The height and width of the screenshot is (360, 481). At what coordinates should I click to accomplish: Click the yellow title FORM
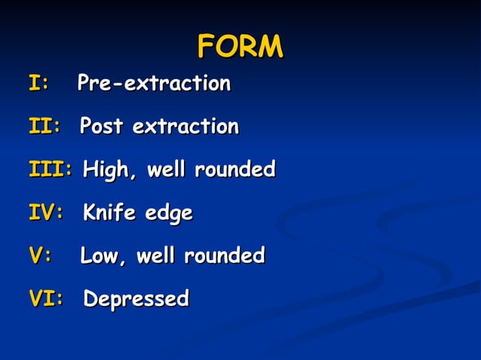240,47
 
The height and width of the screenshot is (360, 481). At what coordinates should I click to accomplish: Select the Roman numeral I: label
38,83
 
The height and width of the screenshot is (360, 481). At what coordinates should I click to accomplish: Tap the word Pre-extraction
154,83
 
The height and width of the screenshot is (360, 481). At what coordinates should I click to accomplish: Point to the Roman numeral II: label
44,126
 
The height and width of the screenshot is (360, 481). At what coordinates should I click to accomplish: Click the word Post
102,126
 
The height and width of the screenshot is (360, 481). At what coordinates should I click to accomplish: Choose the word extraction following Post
185,126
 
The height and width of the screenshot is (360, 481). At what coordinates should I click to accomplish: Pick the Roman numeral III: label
51,169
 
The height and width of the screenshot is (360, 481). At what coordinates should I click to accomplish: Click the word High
110,170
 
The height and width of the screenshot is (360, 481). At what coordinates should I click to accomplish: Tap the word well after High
167,169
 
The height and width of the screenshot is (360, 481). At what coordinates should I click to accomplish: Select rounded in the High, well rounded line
234,169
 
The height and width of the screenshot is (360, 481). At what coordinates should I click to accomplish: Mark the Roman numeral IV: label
45,213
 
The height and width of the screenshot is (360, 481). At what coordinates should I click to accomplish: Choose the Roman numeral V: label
40,255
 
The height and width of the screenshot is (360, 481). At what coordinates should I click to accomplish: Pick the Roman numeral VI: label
45,299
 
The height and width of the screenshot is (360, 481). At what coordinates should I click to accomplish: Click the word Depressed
136,300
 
